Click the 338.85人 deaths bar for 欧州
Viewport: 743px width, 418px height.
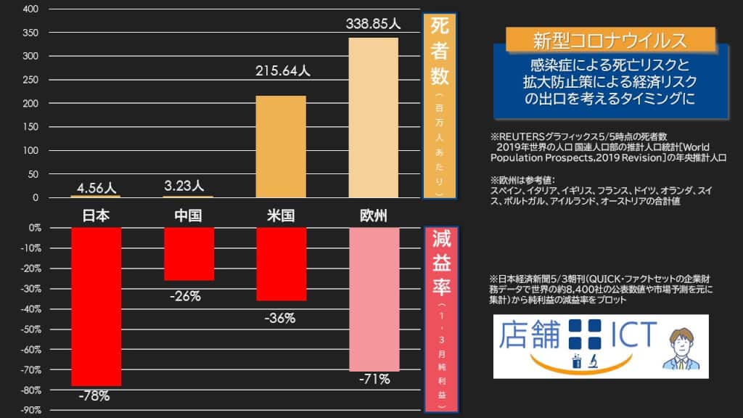(374, 117)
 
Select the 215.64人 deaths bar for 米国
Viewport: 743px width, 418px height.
(281, 146)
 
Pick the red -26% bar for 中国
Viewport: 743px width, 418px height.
(189, 254)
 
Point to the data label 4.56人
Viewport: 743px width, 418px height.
(95, 188)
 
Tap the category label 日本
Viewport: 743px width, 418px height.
(95, 216)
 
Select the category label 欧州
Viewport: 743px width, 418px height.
(373, 216)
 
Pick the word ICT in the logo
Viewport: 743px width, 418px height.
(628, 334)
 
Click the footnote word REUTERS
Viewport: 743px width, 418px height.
(525, 136)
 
